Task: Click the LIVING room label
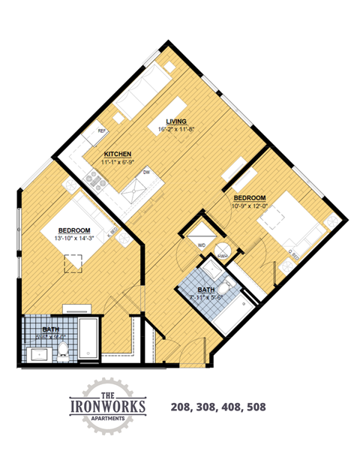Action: click(x=177, y=121)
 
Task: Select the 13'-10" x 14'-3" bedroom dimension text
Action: click(x=75, y=238)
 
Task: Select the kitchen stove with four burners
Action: click(x=95, y=178)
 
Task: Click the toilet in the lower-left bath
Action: click(x=64, y=348)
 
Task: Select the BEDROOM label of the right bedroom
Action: click(x=247, y=177)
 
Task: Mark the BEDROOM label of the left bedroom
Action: click(x=75, y=230)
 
